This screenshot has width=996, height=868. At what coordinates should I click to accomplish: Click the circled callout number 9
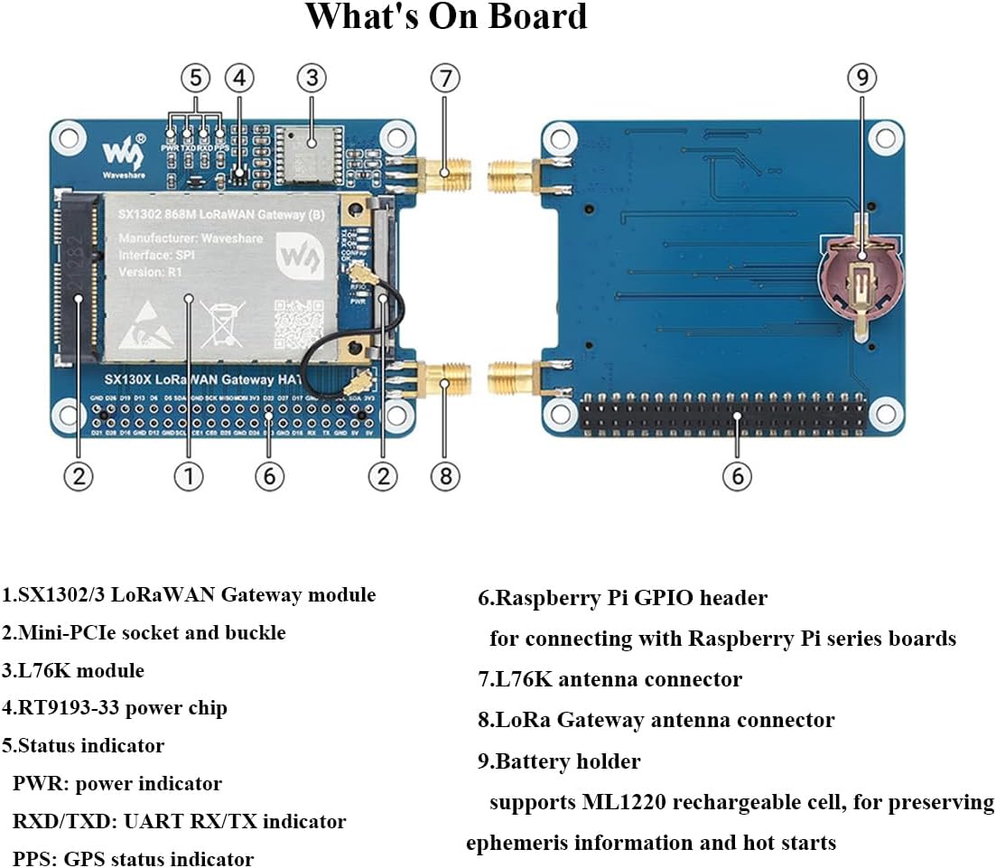pyautogui.click(x=861, y=79)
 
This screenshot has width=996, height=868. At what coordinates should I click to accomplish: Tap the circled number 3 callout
pyautogui.click(x=311, y=79)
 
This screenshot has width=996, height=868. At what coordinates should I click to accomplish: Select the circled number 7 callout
pyautogui.click(x=444, y=79)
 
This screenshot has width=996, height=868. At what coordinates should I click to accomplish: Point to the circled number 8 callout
pyautogui.click(x=444, y=475)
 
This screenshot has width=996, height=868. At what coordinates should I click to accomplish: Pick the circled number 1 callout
pyautogui.click(x=188, y=475)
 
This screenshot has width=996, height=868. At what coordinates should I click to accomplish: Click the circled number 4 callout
pyautogui.click(x=238, y=79)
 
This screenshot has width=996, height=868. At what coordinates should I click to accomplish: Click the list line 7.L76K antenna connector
pyautogui.click(x=610, y=678)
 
